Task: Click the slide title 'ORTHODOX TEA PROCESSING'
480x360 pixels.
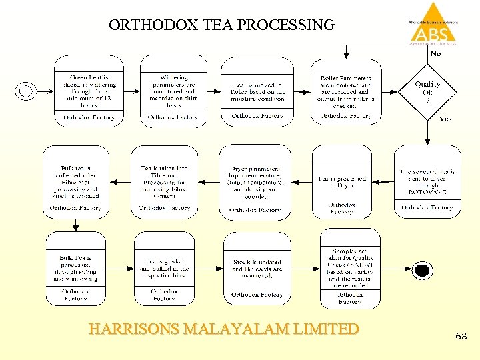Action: (221, 25)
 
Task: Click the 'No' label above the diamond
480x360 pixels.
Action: (435, 53)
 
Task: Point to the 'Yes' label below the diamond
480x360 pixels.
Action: (445, 119)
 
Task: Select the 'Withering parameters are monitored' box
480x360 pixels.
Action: (173, 91)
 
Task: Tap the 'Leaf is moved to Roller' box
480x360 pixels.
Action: (257, 91)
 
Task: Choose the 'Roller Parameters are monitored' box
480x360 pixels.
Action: (346, 91)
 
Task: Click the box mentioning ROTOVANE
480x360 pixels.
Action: (427, 181)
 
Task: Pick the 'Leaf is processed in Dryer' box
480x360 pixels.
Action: (342, 181)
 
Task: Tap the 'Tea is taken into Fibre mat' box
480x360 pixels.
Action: (164, 181)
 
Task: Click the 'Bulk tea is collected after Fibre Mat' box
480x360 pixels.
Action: (75, 181)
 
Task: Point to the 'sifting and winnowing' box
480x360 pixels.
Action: (75, 269)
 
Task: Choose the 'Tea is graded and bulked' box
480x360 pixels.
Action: (164, 269)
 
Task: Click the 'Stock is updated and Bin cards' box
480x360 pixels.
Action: (257, 269)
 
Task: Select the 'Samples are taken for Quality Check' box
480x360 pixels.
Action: (349, 269)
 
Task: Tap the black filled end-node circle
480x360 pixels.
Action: (421, 270)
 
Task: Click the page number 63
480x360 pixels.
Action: (461, 337)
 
